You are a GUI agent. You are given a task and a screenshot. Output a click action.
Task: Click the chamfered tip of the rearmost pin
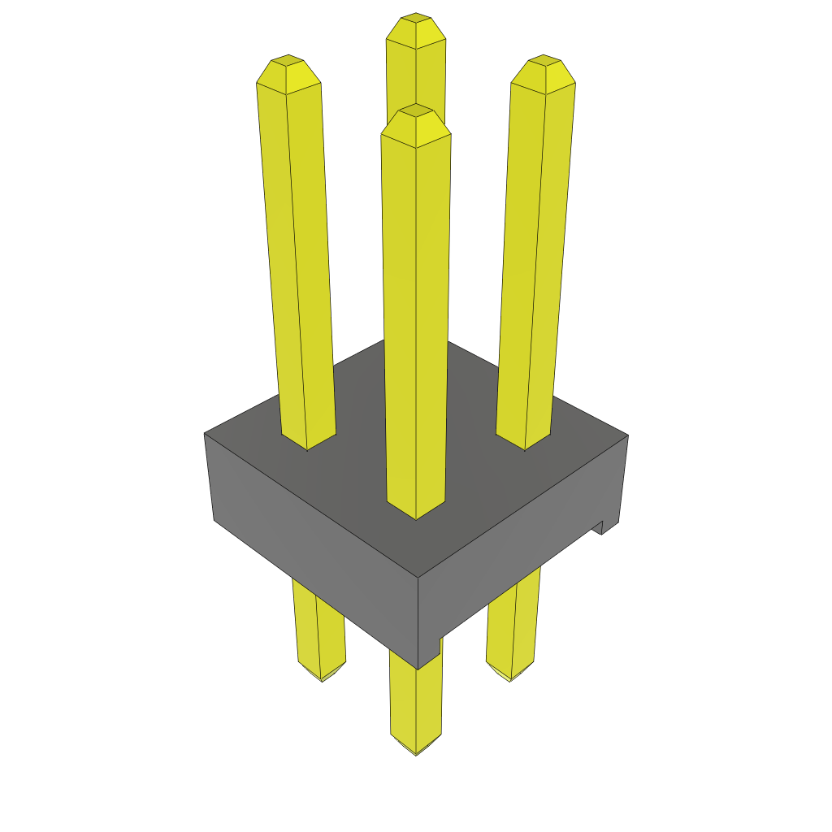416,30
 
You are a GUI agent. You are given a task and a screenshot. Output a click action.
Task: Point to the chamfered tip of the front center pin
416,121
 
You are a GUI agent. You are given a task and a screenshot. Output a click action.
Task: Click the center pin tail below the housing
415,699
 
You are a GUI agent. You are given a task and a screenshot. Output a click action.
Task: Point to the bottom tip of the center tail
416,752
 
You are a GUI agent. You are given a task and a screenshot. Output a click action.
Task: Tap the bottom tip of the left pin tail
322,678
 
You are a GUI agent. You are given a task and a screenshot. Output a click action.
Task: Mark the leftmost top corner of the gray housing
205,434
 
